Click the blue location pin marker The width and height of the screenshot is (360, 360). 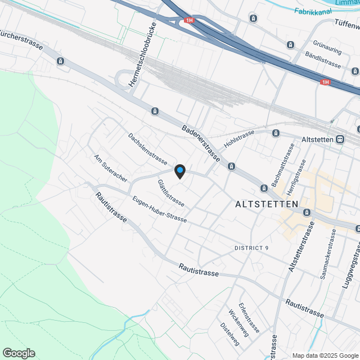(179, 170)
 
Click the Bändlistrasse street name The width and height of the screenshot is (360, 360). (323, 60)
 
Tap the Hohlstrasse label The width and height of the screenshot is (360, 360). (240, 139)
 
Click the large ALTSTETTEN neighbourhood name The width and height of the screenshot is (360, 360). (267, 204)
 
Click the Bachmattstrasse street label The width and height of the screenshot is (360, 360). (283, 165)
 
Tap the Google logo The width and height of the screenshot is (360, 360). (19, 353)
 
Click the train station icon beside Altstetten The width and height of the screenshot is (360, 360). (340, 139)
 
